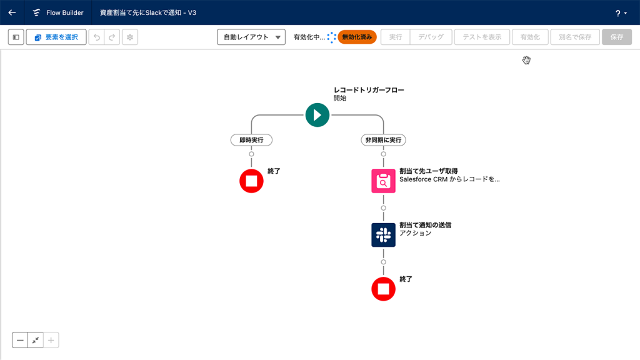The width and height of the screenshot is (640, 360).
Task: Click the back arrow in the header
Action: coord(12,12)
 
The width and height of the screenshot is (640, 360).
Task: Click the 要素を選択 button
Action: coord(56,37)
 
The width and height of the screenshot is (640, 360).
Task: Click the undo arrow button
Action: coord(97,37)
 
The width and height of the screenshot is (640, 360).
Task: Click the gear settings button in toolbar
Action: coord(130,37)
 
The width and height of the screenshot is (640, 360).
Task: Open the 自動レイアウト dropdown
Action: coord(251,37)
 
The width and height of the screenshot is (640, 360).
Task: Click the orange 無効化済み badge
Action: coord(357,37)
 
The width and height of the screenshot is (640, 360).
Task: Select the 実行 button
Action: coord(396,37)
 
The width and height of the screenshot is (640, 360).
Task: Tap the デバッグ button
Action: coord(431,37)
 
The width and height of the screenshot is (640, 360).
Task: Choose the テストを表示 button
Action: coord(482,37)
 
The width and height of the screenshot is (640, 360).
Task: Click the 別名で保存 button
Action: coord(575,37)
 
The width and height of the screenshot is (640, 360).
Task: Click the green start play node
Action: coord(317,115)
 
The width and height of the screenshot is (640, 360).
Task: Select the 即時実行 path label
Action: coord(251,140)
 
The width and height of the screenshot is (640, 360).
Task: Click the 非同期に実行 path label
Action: coord(383,140)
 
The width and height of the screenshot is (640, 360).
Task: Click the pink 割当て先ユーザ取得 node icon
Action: coord(383,181)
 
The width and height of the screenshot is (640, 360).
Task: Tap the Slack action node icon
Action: coord(383,235)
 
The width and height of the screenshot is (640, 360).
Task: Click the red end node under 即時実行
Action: coord(251,181)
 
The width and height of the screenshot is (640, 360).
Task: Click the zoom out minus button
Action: coord(20,340)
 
